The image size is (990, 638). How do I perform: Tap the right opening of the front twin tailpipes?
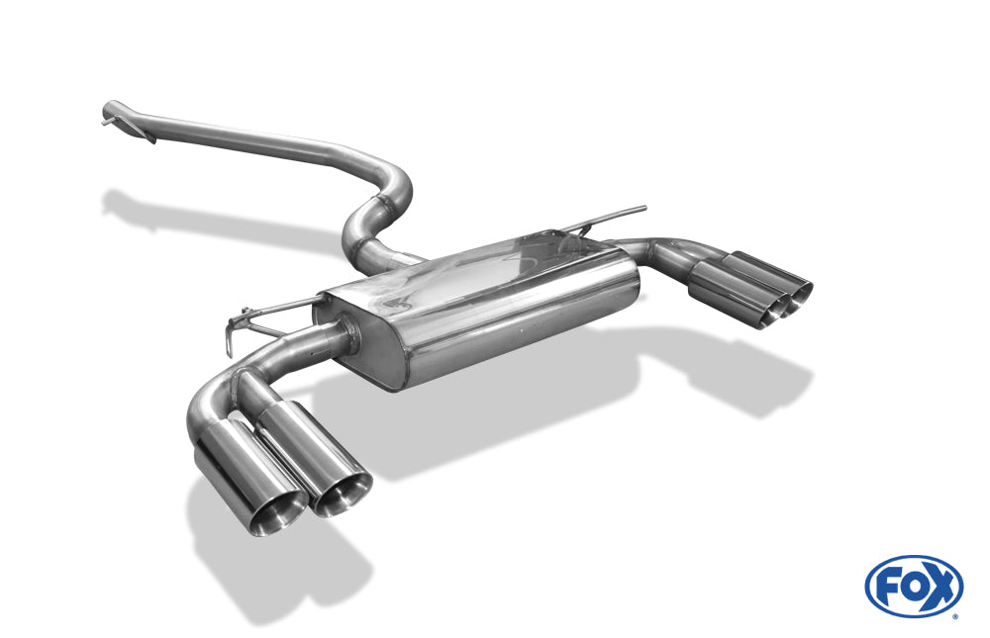[343, 495]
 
